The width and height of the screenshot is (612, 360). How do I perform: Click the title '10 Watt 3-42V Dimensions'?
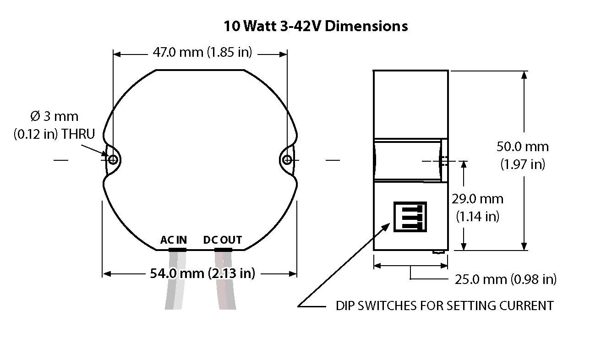click(x=316, y=26)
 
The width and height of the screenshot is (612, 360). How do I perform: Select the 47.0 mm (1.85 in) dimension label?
click(x=202, y=52)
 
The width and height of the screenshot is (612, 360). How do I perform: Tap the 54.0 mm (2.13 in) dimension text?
click(x=202, y=273)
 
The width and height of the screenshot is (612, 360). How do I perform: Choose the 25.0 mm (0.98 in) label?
click(x=505, y=279)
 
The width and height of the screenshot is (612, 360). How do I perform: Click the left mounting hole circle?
click(x=113, y=159)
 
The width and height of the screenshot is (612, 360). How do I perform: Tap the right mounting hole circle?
click(x=287, y=159)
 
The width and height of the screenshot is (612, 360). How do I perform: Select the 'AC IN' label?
click(x=174, y=240)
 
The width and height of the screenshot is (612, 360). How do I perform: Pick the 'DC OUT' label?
click(x=222, y=240)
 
